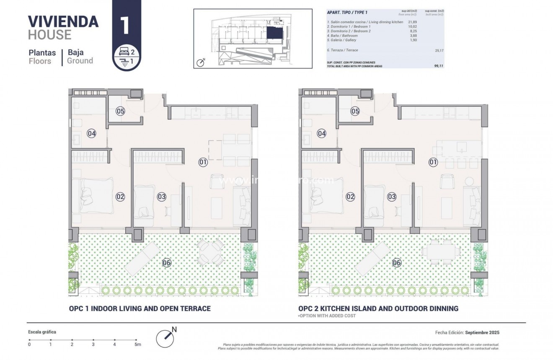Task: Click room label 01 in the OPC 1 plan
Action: tap(203, 162)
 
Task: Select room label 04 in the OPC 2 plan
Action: tap(322, 134)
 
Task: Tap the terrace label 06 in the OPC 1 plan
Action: tap(166, 263)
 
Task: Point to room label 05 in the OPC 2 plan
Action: tap(355, 111)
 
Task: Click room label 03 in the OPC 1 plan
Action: tap(162, 196)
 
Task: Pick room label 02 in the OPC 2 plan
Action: tap(351, 196)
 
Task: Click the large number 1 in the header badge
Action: tap(124, 26)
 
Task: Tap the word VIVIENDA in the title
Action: tap(63, 21)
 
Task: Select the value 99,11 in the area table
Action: tap(438, 66)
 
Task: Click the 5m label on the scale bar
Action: tap(137, 344)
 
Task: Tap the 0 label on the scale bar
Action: tap(29, 344)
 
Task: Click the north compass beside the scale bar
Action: tap(165, 337)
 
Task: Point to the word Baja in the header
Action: tap(75, 52)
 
